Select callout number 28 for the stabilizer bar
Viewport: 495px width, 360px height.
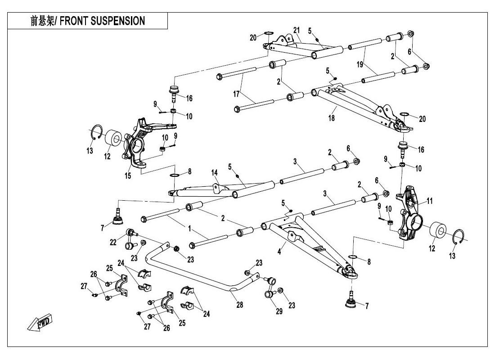pos(239,305)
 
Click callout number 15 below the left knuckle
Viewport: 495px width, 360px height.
pos(128,175)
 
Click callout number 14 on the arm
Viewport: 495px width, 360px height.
pos(214,173)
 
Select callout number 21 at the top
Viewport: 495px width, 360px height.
pos(297,30)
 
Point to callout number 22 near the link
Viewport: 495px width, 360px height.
pos(113,242)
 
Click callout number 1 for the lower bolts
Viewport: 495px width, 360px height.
pos(189,228)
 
